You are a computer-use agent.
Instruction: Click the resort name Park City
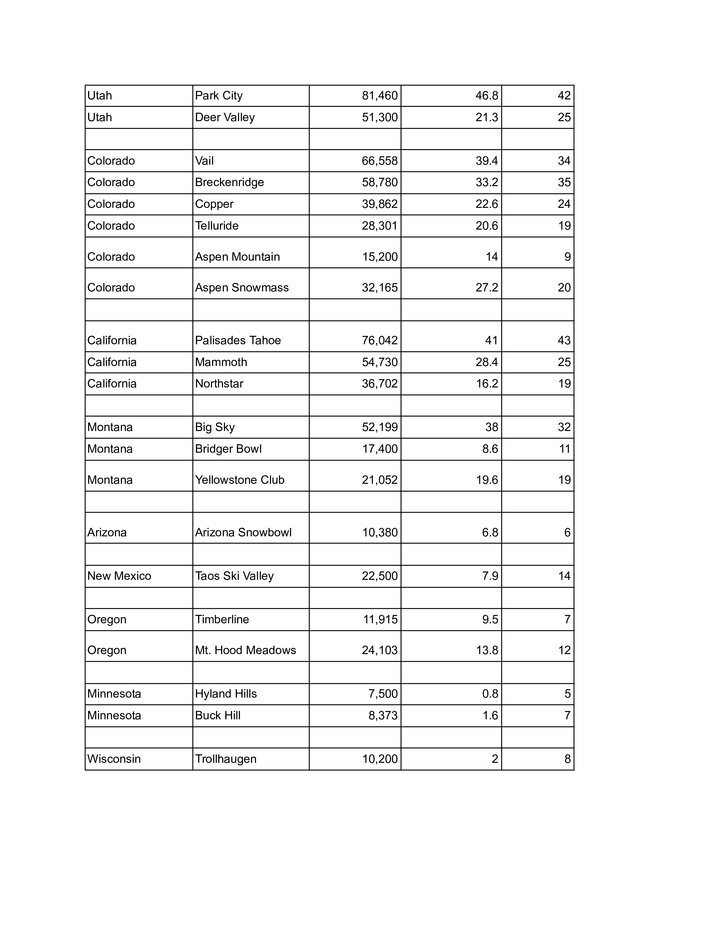(x=219, y=95)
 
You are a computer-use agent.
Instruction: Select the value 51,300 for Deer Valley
(x=379, y=117)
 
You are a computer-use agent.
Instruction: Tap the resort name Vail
(x=204, y=161)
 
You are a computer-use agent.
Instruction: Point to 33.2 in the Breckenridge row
(x=487, y=182)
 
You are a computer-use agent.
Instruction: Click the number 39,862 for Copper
(x=379, y=204)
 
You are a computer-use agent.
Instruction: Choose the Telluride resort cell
(x=217, y=226)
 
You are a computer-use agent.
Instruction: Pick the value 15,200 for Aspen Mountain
(x=379, y=257)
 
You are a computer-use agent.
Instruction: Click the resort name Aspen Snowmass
(x=242, y=288)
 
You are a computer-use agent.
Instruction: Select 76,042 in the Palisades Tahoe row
(x=379, y=341)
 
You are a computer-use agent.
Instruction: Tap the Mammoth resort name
(x=221, y=362)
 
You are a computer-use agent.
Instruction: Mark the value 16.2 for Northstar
(x=487, y=384)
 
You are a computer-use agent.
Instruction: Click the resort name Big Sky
(x=215, y=427)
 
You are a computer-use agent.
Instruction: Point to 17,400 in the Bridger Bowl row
(x=379, y=449)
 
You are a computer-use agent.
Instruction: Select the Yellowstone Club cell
(x=240, y=480)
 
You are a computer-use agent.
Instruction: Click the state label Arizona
(x=107, y=533)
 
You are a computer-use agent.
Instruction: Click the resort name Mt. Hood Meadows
(x=246, y=650)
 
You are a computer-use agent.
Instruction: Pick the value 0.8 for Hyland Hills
(x=490, y=694)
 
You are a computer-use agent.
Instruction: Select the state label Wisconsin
(x=114, y=759)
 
